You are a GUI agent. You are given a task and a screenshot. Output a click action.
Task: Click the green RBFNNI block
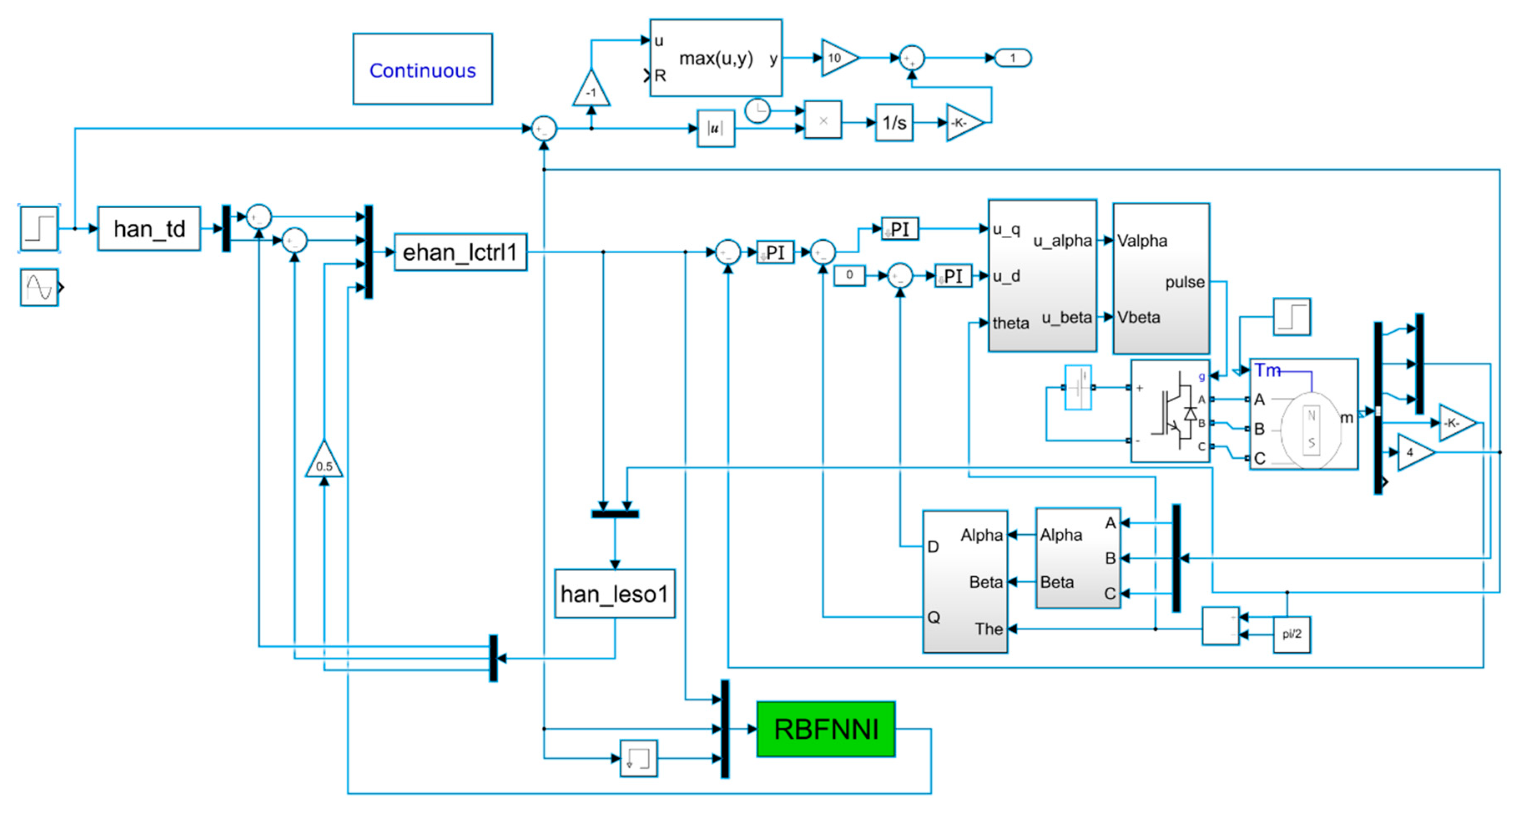[825, 729]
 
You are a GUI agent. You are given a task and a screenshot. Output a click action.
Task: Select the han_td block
[149, 229]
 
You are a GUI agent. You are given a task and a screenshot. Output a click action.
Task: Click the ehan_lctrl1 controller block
[460, 252]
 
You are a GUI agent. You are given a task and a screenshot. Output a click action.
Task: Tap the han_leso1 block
[615, 593]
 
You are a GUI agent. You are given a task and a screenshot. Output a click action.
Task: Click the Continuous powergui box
[422, 69]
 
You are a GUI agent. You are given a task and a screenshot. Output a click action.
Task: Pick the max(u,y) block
[715, 58]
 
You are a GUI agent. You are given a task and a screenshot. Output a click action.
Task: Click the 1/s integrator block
[894, 123]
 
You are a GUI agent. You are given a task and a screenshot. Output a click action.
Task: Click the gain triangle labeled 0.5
[324, 462]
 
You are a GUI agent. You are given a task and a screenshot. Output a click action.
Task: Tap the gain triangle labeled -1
[591, 91]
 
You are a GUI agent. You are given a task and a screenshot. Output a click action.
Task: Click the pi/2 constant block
[1292, 634]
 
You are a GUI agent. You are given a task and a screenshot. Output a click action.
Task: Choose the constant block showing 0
[849, 275]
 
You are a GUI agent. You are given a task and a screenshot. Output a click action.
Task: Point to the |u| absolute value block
[715, 128]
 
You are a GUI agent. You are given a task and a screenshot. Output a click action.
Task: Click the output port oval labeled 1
[1013, 58]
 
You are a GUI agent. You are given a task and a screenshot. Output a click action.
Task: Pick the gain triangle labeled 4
[1413, 452]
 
